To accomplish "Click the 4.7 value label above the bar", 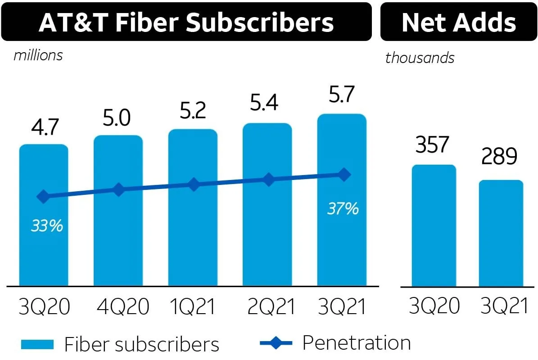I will point(45,127).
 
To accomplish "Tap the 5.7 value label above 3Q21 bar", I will point(342,95).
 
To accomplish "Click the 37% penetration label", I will point(343,208).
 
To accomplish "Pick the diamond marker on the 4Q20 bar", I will point(118,189).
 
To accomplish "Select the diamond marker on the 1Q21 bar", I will point(194,184).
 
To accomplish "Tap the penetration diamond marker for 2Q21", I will point(268,180).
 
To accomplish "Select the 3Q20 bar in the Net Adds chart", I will point(434,225).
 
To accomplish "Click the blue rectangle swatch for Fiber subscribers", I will point(37,345).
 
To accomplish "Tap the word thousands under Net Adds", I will point(420,58).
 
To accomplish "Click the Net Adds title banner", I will point(458,22).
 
